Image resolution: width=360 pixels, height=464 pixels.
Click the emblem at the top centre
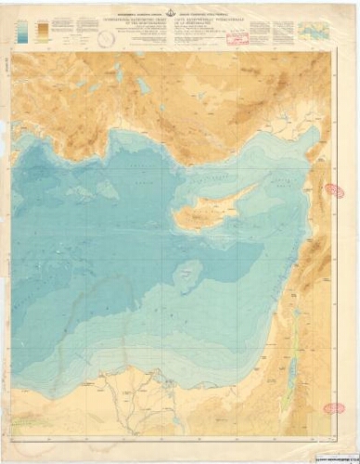click(x=179, y=11)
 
